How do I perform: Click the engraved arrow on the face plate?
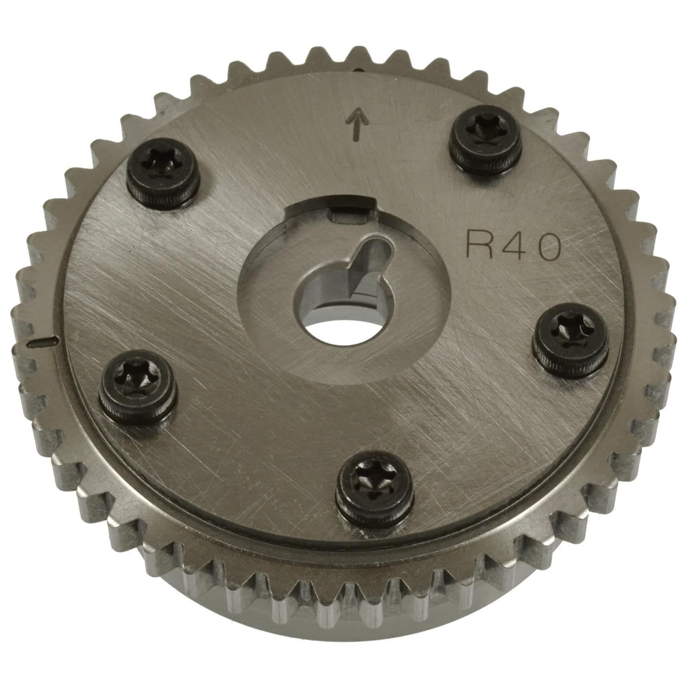pos(355,125)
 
